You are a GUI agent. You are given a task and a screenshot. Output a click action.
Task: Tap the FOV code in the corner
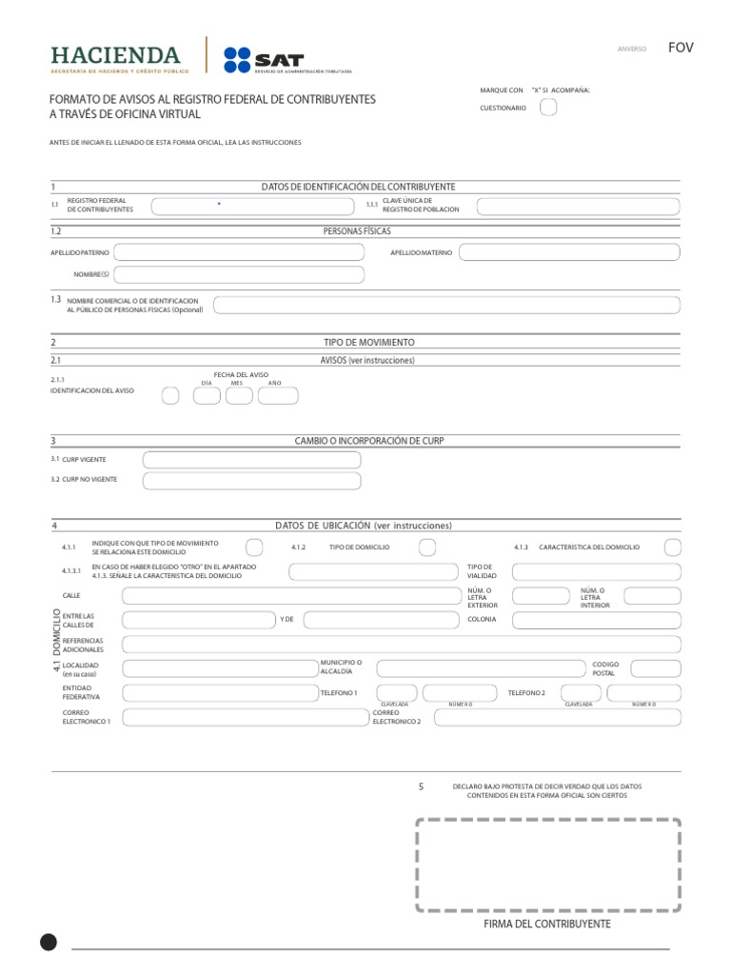click(681, 48)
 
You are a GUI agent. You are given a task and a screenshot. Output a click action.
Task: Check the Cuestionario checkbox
click(548, 108)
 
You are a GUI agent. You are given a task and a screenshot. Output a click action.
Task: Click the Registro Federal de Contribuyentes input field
click(254, 206)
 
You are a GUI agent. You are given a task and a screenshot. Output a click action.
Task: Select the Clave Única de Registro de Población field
click(579, 207)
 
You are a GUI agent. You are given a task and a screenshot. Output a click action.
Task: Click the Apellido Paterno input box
click(239, 252)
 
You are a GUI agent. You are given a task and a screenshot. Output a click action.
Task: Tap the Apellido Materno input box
click(569, 252)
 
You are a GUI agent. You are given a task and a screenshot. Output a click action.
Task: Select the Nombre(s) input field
click(239, 275)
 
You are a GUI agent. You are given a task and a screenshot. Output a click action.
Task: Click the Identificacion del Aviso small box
click(169, 396)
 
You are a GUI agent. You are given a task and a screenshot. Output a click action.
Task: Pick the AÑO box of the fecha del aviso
click(278, 396)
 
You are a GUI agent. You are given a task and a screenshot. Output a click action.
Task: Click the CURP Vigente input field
click(252, 460)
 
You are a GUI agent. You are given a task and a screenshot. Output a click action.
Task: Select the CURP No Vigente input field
click(252, 481)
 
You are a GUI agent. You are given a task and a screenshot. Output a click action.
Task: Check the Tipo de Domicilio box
click(427, 547)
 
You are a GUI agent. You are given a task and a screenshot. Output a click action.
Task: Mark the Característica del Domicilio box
click(672, 547)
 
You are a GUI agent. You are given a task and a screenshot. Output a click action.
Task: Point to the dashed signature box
click(547, 865)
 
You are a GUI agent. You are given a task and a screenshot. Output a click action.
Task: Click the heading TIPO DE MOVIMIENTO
click(370, 342)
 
